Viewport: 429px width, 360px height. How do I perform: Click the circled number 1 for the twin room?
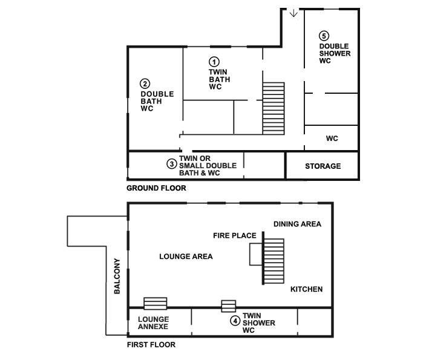point(214,62)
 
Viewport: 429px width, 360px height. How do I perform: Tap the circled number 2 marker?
point(145,83)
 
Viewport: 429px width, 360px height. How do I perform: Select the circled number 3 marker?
point(172,164)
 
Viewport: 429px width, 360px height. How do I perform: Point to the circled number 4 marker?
point(235,321)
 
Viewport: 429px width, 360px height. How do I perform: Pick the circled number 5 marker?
point(324,36)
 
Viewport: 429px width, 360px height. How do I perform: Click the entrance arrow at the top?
point(293,13)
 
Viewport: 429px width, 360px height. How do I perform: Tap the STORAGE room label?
point(323,166)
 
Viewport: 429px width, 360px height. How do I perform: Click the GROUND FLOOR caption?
point(156,188)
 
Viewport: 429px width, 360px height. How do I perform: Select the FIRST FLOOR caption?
point(151,344)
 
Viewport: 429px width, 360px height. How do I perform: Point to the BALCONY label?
point(117,276)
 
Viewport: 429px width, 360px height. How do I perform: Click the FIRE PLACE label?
point(235,235)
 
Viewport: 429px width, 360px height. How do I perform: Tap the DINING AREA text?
point(298,224)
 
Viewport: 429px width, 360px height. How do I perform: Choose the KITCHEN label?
point(306,289)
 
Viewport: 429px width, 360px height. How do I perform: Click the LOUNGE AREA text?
point(186,257)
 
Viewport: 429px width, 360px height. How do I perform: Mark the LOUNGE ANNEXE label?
point(153,323)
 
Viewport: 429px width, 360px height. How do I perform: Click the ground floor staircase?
point(273,108)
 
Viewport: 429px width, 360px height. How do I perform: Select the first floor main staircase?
point(273,261)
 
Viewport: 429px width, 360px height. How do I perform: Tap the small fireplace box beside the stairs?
point(257,254)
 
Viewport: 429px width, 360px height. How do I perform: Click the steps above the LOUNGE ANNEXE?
point(156,303)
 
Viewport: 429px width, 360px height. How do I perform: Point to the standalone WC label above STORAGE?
point(332,139)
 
